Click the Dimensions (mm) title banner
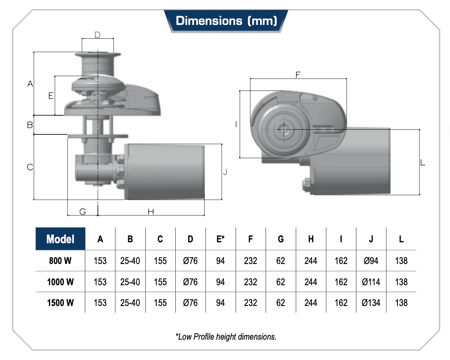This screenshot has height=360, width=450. point(226,21)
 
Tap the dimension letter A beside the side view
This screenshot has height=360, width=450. point(30,84)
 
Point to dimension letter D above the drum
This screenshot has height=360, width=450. point(97,35)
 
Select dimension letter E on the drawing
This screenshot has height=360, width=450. point(51,96)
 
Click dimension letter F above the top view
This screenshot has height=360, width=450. point(298,74)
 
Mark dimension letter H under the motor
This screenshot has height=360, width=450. point(151,212)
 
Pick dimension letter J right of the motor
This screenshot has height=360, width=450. point(225,172)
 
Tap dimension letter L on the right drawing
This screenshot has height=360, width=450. point(423,162)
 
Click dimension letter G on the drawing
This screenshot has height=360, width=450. point(83,212)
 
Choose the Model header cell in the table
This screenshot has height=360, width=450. point(60,239)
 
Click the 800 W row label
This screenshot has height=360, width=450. point(60,261)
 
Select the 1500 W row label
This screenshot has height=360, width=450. point(60,303)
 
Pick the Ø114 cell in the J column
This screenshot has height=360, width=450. point(371,282)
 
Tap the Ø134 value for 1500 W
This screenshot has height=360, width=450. point(371,303)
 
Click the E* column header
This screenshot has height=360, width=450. point(220,239)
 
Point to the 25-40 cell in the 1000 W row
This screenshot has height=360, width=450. point(130,282)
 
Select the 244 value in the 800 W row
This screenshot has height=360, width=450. point(311,261)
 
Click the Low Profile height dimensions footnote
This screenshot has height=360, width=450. point(226,336)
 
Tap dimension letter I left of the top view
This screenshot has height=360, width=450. point(236,124)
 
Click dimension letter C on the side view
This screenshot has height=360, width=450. point(30,167)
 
